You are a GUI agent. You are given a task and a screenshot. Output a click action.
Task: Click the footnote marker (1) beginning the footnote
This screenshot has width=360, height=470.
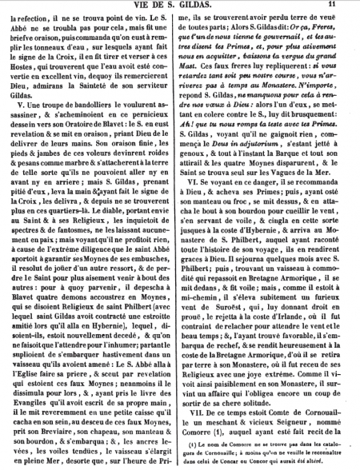click(206, 444)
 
